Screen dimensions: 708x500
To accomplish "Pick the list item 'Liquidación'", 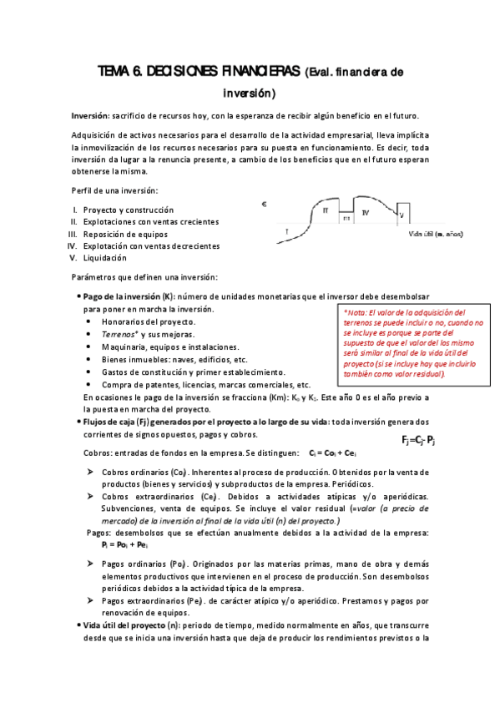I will pyautogui.click(x=106, y=258).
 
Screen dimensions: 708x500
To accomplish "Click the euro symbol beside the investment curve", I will pyautogui.click(x=265, y=204).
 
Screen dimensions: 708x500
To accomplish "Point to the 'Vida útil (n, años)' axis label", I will pyautogui.click(x=447, y=235).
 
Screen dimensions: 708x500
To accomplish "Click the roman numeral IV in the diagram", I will pyautogui.click(x=365, y=214).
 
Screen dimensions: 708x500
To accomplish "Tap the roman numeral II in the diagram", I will pyautogui.click(x=325, y=210).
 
